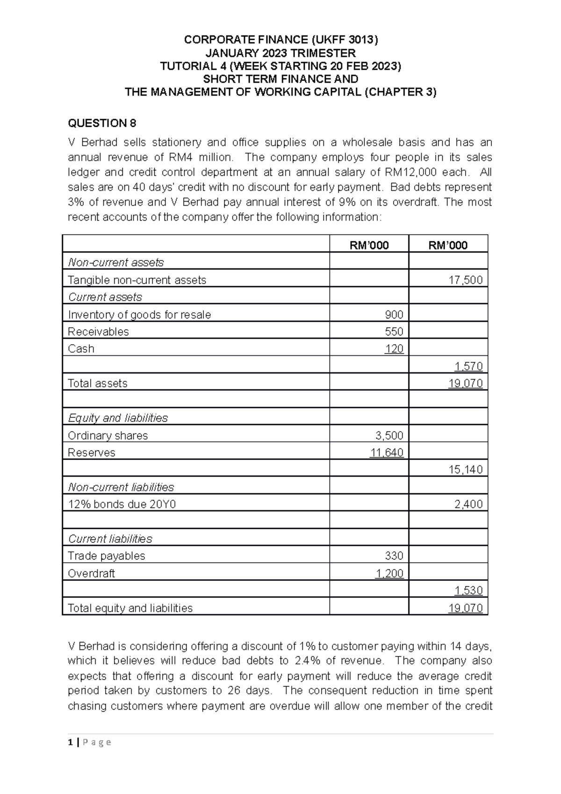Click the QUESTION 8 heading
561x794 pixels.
102,123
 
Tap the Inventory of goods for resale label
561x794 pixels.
139,315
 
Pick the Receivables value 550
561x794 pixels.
394,332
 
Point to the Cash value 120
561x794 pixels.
394,349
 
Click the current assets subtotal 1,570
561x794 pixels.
468,366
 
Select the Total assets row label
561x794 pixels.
97,383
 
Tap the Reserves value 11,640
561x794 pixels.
386,453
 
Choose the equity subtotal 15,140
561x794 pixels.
466,469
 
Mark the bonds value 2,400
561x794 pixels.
468,504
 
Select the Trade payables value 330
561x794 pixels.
394,556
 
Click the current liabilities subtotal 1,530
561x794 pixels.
468,591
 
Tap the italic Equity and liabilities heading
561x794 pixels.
118,418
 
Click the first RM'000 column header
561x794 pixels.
369,245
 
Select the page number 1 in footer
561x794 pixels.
70,742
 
